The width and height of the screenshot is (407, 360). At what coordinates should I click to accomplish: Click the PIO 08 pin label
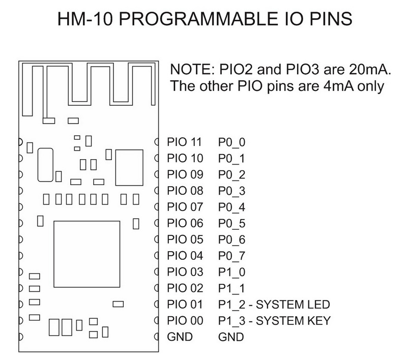(x=185, y=191)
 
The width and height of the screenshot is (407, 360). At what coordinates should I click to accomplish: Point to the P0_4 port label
(x=232, y=207)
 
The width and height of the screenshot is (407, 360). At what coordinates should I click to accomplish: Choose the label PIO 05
(x=185, y=239)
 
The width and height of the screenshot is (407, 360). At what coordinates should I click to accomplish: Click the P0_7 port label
(x=232, y=256)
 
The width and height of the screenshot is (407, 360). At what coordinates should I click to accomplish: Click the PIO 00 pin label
(x=185, y=321)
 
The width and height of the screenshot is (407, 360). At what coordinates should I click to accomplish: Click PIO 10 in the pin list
(x=185, y=159)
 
